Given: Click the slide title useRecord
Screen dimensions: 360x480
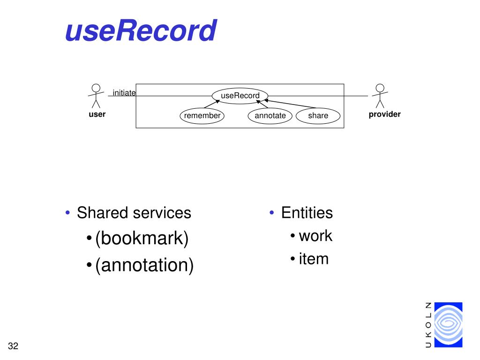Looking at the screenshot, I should pyautogui.click(x=141, y=31).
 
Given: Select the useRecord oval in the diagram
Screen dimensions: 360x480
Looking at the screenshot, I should pyautogui.click(x=240, y=96).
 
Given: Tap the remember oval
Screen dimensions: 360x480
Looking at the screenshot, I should pyautogui.click(x=202, y=116).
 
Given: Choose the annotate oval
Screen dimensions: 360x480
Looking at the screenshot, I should pyautogui.click(x=270, y=116).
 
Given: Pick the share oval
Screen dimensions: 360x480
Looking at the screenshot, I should pyautogui.click(x=318, y=116).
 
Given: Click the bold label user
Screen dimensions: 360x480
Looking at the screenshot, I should pyautogui.click(x=97, y=114).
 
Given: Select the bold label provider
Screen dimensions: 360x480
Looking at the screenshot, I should pyautogui.click(x=384, y=114).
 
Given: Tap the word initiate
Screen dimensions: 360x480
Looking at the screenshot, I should pyautogui.click(x=124, y=93).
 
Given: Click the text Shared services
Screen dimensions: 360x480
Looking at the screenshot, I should pyautogui.click(x=134, y=213).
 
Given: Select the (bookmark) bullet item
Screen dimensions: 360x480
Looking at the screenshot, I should pyautogui.click(x=142, y=239).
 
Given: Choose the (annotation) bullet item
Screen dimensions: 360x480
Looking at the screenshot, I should pyautogui.click(x=144, y=265).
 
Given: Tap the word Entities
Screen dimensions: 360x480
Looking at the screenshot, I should pyautogui.click(x=307, y=213).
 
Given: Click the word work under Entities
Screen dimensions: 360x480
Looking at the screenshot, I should pyautogui.click(x=315, y=235).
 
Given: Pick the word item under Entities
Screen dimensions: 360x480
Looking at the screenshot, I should pyautogui.click(x=314, y=258).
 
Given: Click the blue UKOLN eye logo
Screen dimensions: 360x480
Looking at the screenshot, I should pyautogui.click(x=448, y=324).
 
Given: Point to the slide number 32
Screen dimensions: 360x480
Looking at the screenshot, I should pyautogui.click(x=13, y=346).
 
